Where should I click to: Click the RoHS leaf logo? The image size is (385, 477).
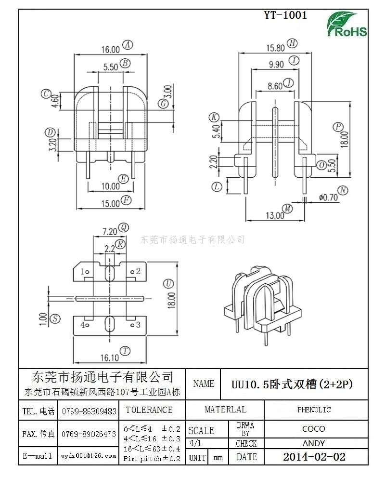pyautogui.click(x=346, y=25)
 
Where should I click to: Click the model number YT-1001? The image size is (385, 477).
pyautogui.click(x=285, y=15)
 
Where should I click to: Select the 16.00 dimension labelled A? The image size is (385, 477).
pyautogui.click(x=111, y=49)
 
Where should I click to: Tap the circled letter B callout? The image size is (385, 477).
pyautogui.click(x=125, y=63)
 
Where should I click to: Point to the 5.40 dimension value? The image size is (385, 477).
pyautogui.click(x=217, y=131)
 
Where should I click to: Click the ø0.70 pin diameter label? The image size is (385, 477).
pyautogui.click(x=328, y=198)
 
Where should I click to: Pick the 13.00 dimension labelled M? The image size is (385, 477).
pyautogui.click(x=275, y=215)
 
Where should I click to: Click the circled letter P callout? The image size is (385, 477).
pyautogui.click(x=338, y=127)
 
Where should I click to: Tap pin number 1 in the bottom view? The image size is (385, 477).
pyautogui.click(x=82, y=271)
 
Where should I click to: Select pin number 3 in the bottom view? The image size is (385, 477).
pyautogui.click(x=138, y=325)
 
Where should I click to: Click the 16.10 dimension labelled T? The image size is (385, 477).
pyautogui.click(x=110, y=358)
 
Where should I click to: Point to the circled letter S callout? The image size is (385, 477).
pyautogui.click(x=55, y=318)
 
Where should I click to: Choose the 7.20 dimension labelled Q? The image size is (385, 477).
pyautogui.click(x=110, y=232)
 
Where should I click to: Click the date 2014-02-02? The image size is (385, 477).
pyautogui.click(x=314, y=457)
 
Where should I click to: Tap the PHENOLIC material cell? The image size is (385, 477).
pyautogui.click(x=314, y=410)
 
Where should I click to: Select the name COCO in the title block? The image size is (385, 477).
pyautogui.click(x=314, y=429)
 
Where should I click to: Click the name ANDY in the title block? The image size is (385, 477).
pyautogui.click(x=314, y=444)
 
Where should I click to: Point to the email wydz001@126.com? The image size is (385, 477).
pyautogui.click(x=89, y=456)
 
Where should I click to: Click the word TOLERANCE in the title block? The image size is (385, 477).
pyautogui.click(x=149, y=410)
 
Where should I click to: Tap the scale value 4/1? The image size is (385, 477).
pyautogui.click(x=195, y=443)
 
